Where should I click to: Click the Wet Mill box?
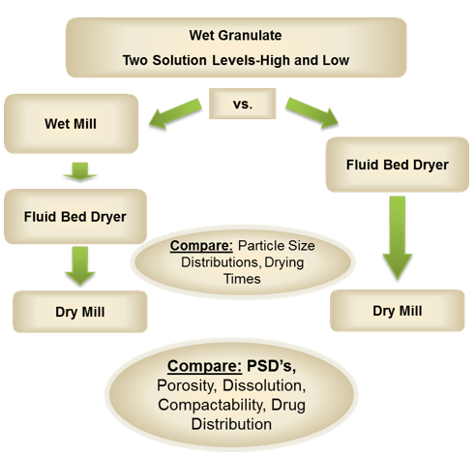point(75,123)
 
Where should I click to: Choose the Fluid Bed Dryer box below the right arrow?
point(398,164)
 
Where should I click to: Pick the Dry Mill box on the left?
point(80,312)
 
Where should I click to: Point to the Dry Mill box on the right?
point(398,311)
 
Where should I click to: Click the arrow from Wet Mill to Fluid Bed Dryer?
point(75,169)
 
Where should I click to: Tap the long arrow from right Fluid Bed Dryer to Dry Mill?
point(398,237)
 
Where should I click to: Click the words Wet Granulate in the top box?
point(237,36)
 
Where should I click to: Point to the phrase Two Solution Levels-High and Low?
point(237,60)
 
